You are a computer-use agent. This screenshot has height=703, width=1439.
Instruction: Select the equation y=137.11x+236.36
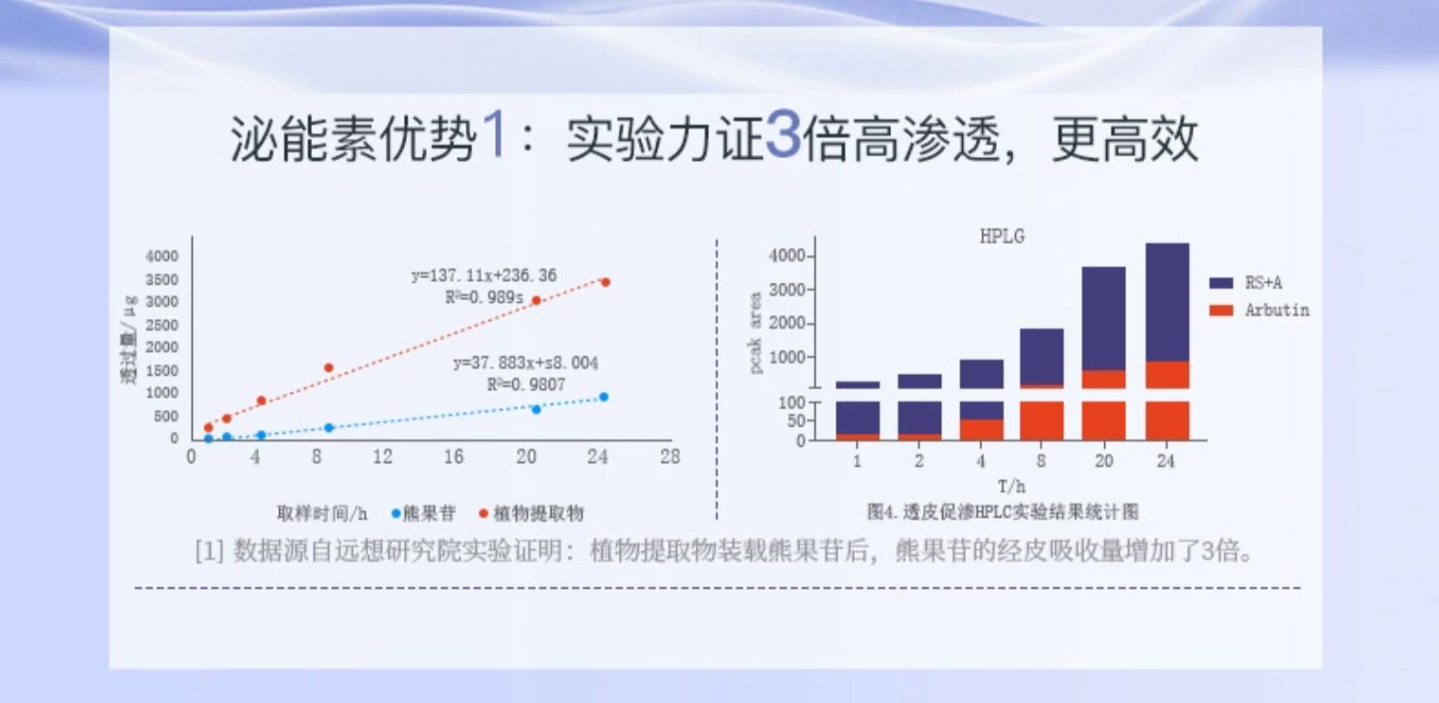484,276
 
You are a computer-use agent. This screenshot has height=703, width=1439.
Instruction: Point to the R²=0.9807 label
526,385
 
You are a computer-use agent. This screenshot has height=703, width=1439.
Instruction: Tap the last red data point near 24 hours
605,282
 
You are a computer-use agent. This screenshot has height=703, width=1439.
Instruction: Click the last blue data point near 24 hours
603,397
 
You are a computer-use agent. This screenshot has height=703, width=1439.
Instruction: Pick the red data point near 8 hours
328,367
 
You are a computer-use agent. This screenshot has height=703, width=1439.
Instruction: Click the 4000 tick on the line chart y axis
161,256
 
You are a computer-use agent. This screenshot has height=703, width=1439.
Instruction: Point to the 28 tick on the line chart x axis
670,457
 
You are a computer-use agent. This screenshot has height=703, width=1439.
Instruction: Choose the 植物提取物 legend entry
537,513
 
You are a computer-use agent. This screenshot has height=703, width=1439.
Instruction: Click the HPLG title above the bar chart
1002,237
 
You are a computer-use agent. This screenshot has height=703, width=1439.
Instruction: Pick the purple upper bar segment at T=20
1104,317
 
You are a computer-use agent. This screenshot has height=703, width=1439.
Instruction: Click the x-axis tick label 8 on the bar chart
1042,461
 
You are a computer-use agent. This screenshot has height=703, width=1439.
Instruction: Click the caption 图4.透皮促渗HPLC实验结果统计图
1002,512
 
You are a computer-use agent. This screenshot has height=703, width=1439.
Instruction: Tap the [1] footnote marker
209,553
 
